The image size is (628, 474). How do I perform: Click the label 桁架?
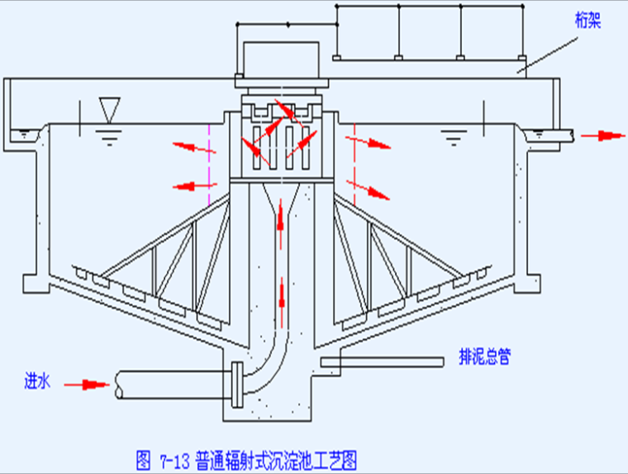(x=588, y=20)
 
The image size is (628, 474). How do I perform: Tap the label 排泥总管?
(x=484, y=356)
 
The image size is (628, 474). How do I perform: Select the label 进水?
(x=38, y=381)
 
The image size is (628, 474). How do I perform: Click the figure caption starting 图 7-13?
(x=247, y=460)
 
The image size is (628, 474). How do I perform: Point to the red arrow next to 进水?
(x=87, y=385)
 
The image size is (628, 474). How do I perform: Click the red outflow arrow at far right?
(x=602, y=136)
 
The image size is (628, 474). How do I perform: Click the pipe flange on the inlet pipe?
(x=237, y=385)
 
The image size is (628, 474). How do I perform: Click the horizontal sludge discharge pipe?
(x=382, y=361)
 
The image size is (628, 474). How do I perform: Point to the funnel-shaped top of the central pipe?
(x=281, y=198)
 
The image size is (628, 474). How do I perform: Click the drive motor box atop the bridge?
(x=281, y=60)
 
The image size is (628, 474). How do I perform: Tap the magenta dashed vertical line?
(x=209, y=165)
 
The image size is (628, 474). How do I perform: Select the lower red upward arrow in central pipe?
(x=282, y=303)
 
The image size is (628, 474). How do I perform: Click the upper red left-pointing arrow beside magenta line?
(x=194, y=147)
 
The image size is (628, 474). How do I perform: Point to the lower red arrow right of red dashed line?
(x=368, y=190)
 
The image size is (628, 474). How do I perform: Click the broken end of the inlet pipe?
(x=118, y=385)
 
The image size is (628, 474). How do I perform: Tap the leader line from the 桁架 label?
(x=547, y=55)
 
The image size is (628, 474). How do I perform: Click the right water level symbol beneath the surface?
(x=454, y=137)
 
